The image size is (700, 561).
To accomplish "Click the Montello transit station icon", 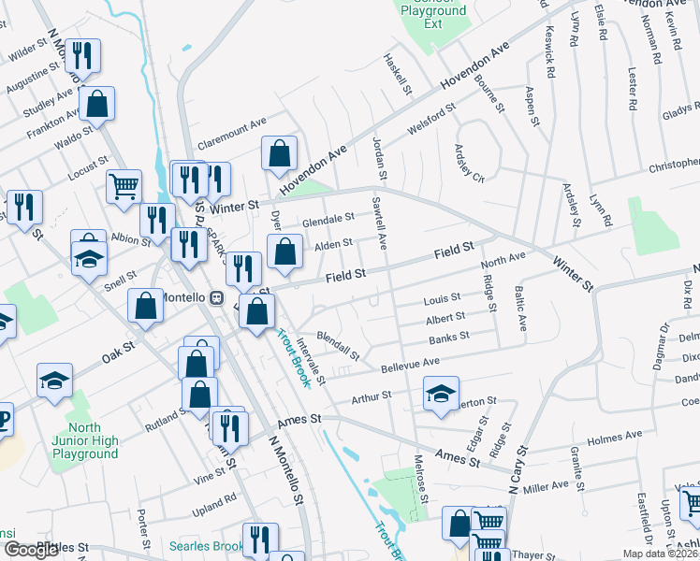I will point(216,297).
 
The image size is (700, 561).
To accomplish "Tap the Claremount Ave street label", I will point(231,122).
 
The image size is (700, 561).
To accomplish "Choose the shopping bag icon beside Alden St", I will point(284,250).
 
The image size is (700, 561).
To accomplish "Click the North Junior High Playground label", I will point(85,441).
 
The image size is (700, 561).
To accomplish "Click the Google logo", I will point(32,550).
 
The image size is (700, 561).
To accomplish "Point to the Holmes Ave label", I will point(614,435).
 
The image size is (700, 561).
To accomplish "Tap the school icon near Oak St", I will point(54,380).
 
